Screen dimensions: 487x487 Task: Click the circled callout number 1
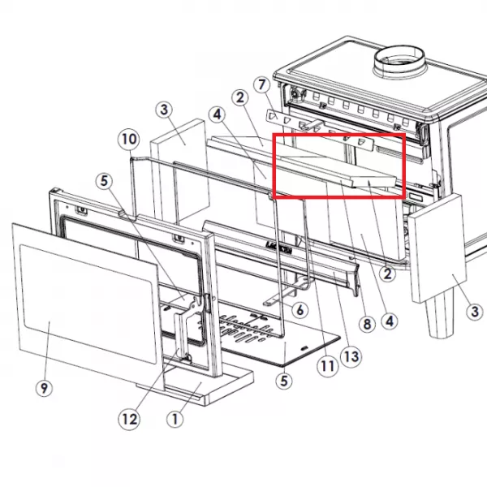click(175, 419)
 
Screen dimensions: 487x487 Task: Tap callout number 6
click(300, 310)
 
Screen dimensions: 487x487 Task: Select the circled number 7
click(262, 84)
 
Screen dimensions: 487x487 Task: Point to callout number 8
click(367, 325)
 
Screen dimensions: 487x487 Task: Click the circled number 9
click(44, 388)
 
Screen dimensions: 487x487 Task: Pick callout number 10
click(129, 139)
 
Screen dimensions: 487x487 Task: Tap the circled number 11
click(327, 367)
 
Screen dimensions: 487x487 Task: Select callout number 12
click(129, 420)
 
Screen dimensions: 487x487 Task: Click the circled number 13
click(351, 357)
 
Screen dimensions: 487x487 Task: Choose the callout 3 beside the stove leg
click(475, 312)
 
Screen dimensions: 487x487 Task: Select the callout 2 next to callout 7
click(240, 98)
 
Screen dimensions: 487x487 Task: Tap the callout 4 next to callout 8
click(390, 321)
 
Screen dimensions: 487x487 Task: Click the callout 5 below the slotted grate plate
click(284, 381)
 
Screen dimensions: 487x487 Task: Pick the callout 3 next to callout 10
click(164, 110)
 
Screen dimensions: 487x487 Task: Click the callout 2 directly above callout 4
click(387, 274)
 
